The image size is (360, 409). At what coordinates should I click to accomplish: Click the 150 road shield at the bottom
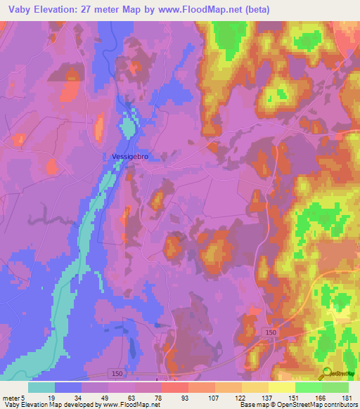click(116, 372)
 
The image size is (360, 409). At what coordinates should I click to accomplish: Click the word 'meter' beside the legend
click(11, 397)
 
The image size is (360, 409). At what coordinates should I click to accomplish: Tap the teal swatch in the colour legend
click(41, 387)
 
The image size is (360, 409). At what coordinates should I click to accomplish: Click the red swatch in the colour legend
click(174, 387)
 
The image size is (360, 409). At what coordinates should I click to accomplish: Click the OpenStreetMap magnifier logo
click(328, 375)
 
